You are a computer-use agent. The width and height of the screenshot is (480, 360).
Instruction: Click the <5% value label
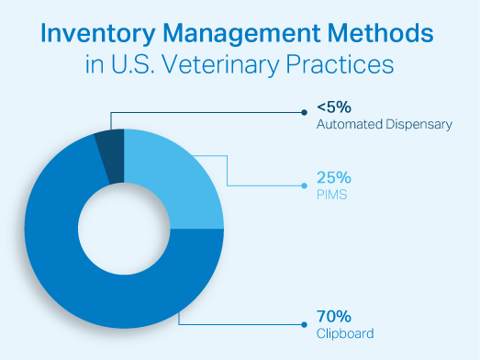tap(332, 107)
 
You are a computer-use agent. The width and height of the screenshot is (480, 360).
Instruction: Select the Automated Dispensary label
tap(384, 124)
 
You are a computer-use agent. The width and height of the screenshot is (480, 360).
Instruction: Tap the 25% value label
tap(332, 177)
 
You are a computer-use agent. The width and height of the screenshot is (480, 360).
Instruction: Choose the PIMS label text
tap(329, 194)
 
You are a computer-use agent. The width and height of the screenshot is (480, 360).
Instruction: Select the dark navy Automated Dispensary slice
tap(111, 154)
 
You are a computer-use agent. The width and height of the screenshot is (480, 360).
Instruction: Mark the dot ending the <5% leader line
tap(304, 113)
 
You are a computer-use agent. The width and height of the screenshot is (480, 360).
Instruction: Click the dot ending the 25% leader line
tap(304, 186)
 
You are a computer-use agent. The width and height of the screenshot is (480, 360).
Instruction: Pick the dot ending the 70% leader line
tap(304, 324)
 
